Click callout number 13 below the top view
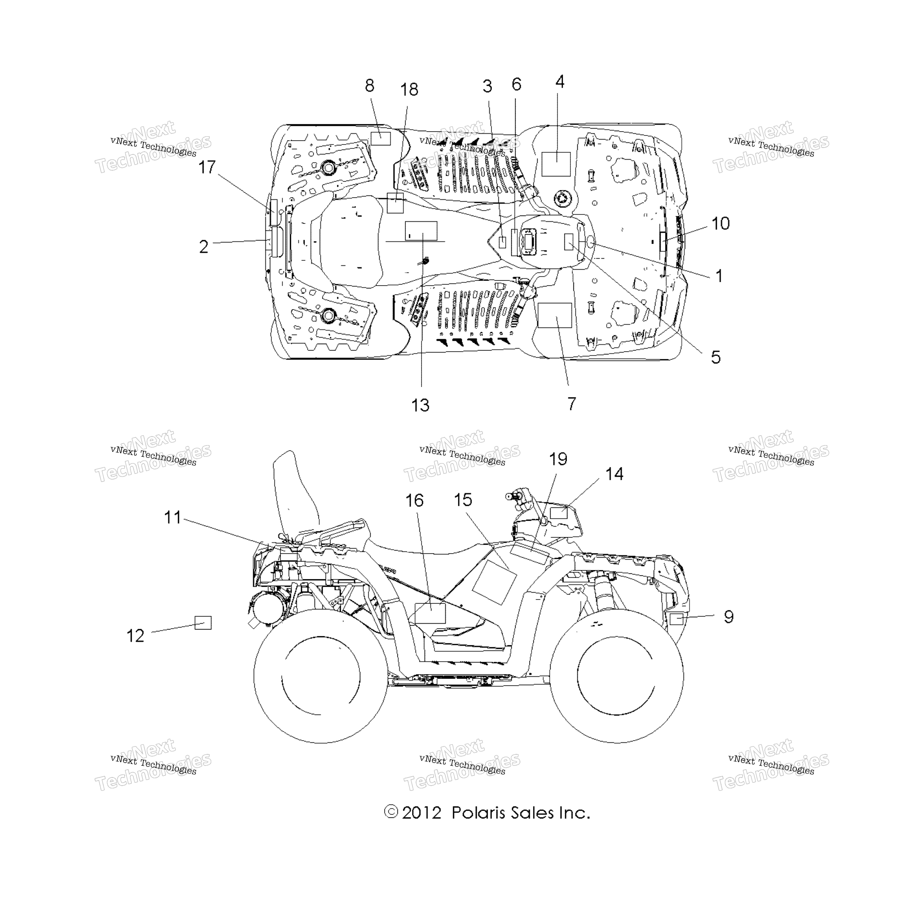(x=420, y=405)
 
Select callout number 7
(x=572, y=404)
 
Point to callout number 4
(x=560, y=82)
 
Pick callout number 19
(x=558, y=459)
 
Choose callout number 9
(x=728, y=616)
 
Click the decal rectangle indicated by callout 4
(x=556, y=164)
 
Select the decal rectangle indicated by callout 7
(x=555, y=315)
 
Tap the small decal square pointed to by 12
(x=203, y=623)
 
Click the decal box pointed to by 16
(x=430, y=613)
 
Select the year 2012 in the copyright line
(x=422, y=813)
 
